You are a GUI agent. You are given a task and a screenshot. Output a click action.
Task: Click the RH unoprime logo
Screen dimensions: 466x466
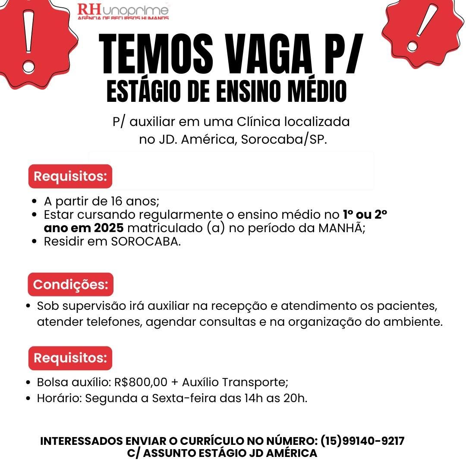[123, 11]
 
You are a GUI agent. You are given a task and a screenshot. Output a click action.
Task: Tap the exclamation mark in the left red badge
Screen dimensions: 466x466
[29, 41]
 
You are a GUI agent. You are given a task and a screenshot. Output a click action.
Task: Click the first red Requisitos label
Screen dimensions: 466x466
[70, 176]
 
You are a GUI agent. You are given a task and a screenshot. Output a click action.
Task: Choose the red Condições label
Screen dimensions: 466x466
[70, 285]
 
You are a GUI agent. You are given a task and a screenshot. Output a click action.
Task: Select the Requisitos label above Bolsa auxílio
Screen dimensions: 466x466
[70, 358]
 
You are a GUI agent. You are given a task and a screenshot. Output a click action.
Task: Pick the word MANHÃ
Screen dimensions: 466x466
[341, 228]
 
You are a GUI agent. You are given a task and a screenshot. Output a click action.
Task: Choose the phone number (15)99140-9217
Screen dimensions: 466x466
[362, 441]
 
